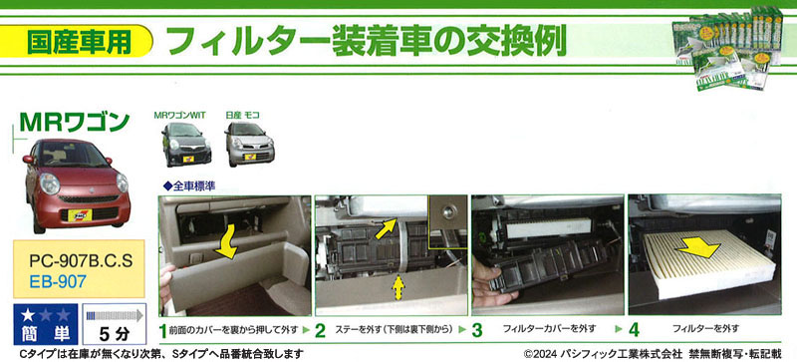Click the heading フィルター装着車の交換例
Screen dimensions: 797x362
coord(366,41)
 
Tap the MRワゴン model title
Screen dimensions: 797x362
coord(75,123)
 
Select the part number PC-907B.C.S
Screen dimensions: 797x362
coord(81,261)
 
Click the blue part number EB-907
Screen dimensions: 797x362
coord(58,281)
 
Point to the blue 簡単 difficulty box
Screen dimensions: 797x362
coord(46,324)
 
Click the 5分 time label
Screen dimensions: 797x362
coord(115,334)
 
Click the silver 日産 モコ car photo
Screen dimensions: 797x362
coord(250,144)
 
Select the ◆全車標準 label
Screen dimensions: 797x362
coord(188,186)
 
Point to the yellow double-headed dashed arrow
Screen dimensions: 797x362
coord(397,288)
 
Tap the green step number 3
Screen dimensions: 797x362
coord(477,330)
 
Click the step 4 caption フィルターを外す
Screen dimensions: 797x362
coord(705,329)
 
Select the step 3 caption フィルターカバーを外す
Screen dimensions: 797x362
coord(549,329)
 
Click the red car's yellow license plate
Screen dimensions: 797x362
coord(80,215)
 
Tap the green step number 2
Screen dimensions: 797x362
coord(320,331)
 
